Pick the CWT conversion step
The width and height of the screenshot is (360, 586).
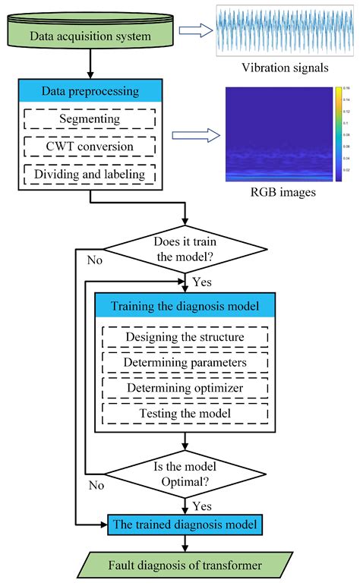coord(90,146)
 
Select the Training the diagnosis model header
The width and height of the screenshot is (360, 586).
coord(185,307)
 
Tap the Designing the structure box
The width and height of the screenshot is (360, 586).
coord(185,336)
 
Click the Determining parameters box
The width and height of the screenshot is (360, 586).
coord(185,362)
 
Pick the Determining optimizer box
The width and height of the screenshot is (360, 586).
coord(185,388)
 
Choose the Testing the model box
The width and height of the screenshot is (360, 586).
coord(185,414)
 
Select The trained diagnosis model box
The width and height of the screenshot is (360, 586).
coord(185,523)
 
